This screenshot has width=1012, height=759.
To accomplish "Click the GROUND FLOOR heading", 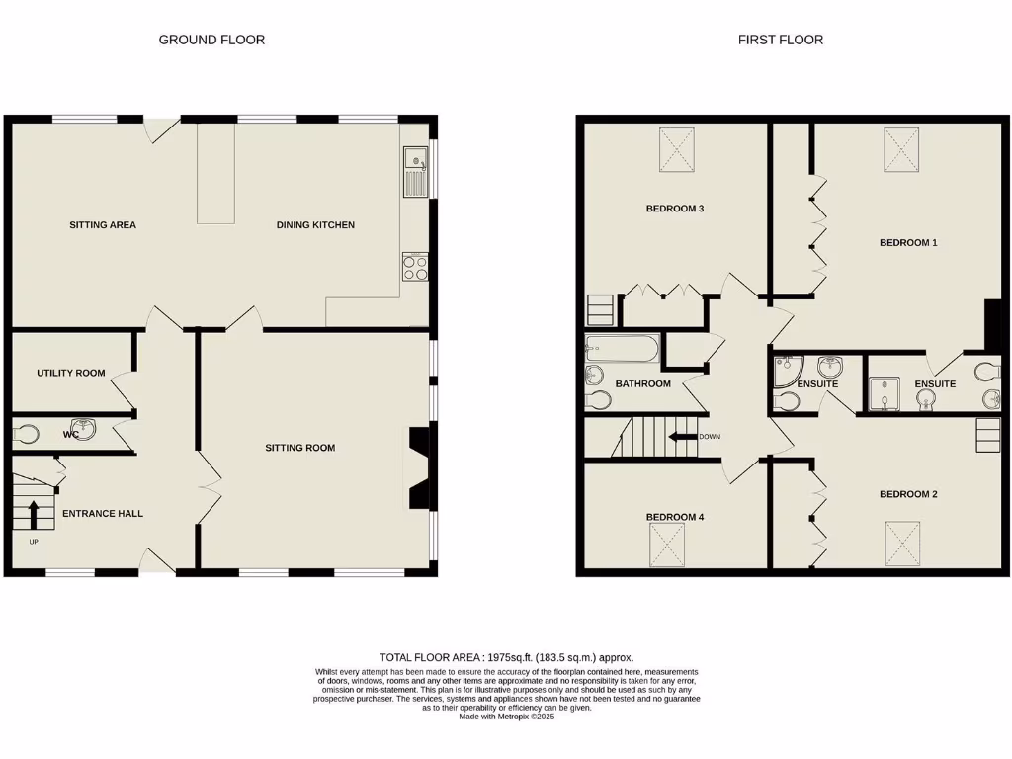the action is (x=211, y=40).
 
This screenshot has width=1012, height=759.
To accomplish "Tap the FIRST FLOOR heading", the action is (x=781, y=40).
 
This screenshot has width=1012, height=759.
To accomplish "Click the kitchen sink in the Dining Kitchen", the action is (x=416, y=172).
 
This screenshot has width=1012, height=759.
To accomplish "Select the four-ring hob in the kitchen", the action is (x=415, y=267).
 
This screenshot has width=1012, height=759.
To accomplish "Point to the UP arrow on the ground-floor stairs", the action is (x=34, y=514).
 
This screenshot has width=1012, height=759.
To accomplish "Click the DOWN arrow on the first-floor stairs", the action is (x=682, y=437).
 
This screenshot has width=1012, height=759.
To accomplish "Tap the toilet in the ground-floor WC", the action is (x=26, y=434).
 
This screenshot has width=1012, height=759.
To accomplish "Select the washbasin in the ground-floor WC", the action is (x=84, y=429).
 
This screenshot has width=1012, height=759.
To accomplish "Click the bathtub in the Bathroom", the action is (x=623, y=349).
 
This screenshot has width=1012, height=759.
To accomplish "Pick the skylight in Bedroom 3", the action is (x=676, y=150).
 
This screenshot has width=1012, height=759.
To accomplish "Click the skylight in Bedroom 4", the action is (x=667, y=545).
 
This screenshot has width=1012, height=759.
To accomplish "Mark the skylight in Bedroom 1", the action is (x=901, y=150).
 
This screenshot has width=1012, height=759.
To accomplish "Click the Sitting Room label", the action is (x=300, y=448).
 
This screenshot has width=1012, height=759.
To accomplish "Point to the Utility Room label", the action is (x=71, y=373).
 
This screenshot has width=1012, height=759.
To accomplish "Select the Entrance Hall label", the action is (x=103, y=513).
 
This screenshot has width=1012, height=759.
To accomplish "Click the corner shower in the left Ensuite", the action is (x=788, y=371).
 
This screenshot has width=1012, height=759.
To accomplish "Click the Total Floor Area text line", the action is (x=507, y=657).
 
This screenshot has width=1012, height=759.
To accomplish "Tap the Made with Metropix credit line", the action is (x=507, y=717).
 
